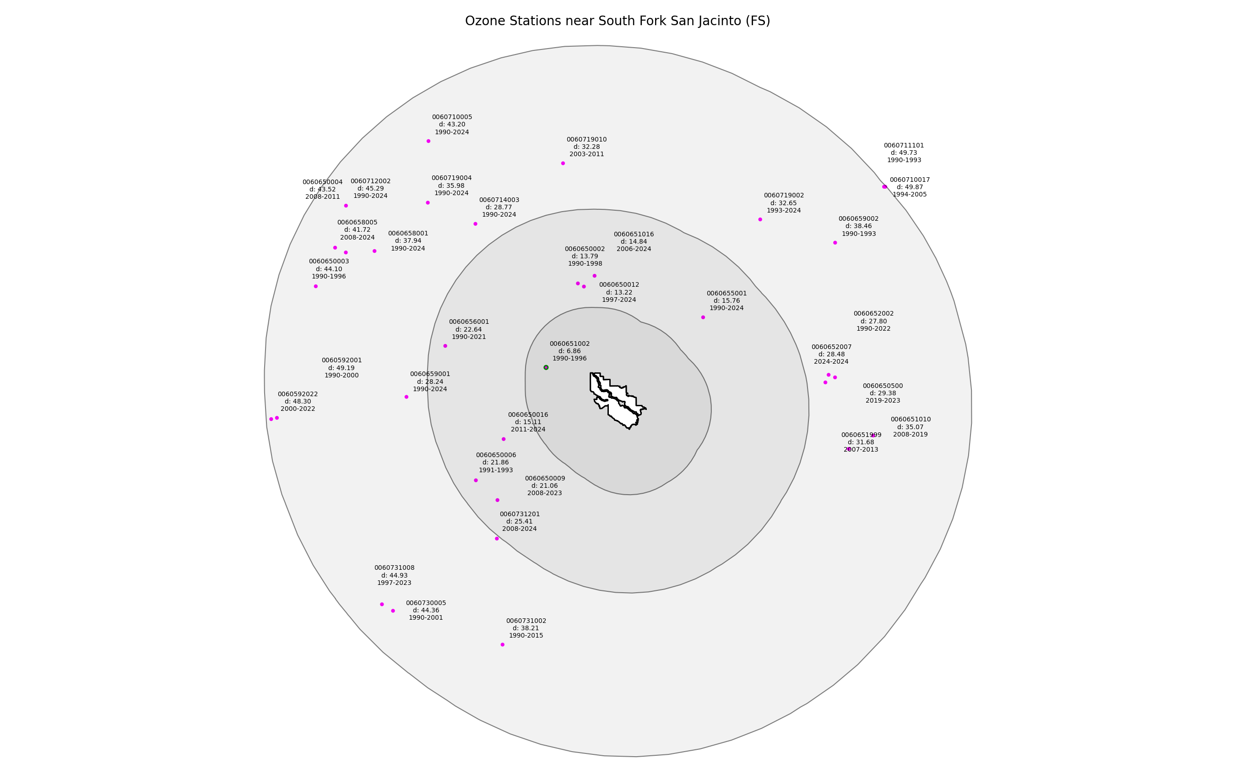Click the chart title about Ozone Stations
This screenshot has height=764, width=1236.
coord(618,21)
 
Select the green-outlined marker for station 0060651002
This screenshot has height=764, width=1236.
coord(546,367)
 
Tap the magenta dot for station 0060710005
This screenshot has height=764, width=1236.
coord(428,141)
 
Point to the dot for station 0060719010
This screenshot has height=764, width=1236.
coord(563,163)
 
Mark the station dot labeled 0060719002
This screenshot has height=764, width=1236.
coord(760,219)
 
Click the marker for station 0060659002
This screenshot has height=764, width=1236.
coord(835,243)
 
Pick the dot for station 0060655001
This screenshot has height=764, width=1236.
coord(703,317)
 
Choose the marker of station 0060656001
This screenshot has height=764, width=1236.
coord(445,346)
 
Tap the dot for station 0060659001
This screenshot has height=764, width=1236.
coord(407,397)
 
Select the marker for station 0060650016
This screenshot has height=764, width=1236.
coord(504,439)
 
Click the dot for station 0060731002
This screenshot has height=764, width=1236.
coord(502,645)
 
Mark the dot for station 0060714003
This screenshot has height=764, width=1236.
coord(475,224)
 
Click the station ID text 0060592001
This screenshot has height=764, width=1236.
coord(342,360)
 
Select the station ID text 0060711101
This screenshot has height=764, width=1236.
coord(904,146)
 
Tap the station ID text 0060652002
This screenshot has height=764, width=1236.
coord(873,314)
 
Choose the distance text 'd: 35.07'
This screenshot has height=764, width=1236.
coord(911,427)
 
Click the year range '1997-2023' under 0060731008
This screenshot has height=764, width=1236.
coord(394,583)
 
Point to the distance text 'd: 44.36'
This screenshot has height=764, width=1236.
coord(426,611)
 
